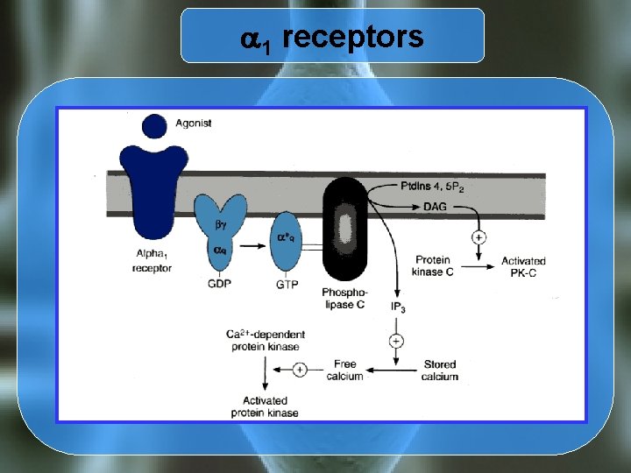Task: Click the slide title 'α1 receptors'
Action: [331, 38]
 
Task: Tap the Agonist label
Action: [194, 124]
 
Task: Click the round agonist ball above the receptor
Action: [153, 126]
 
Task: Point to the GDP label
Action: [220, 286]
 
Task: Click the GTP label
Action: [287, 286]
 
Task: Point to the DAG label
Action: [434, 207]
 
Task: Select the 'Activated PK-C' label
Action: [523, 266]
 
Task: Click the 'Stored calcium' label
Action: [439, 370]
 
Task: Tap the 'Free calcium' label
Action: [345, 370]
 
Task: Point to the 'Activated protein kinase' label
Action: [265, 406]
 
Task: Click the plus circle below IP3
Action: [396, 340]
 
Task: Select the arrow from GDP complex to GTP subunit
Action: [253, 246]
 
